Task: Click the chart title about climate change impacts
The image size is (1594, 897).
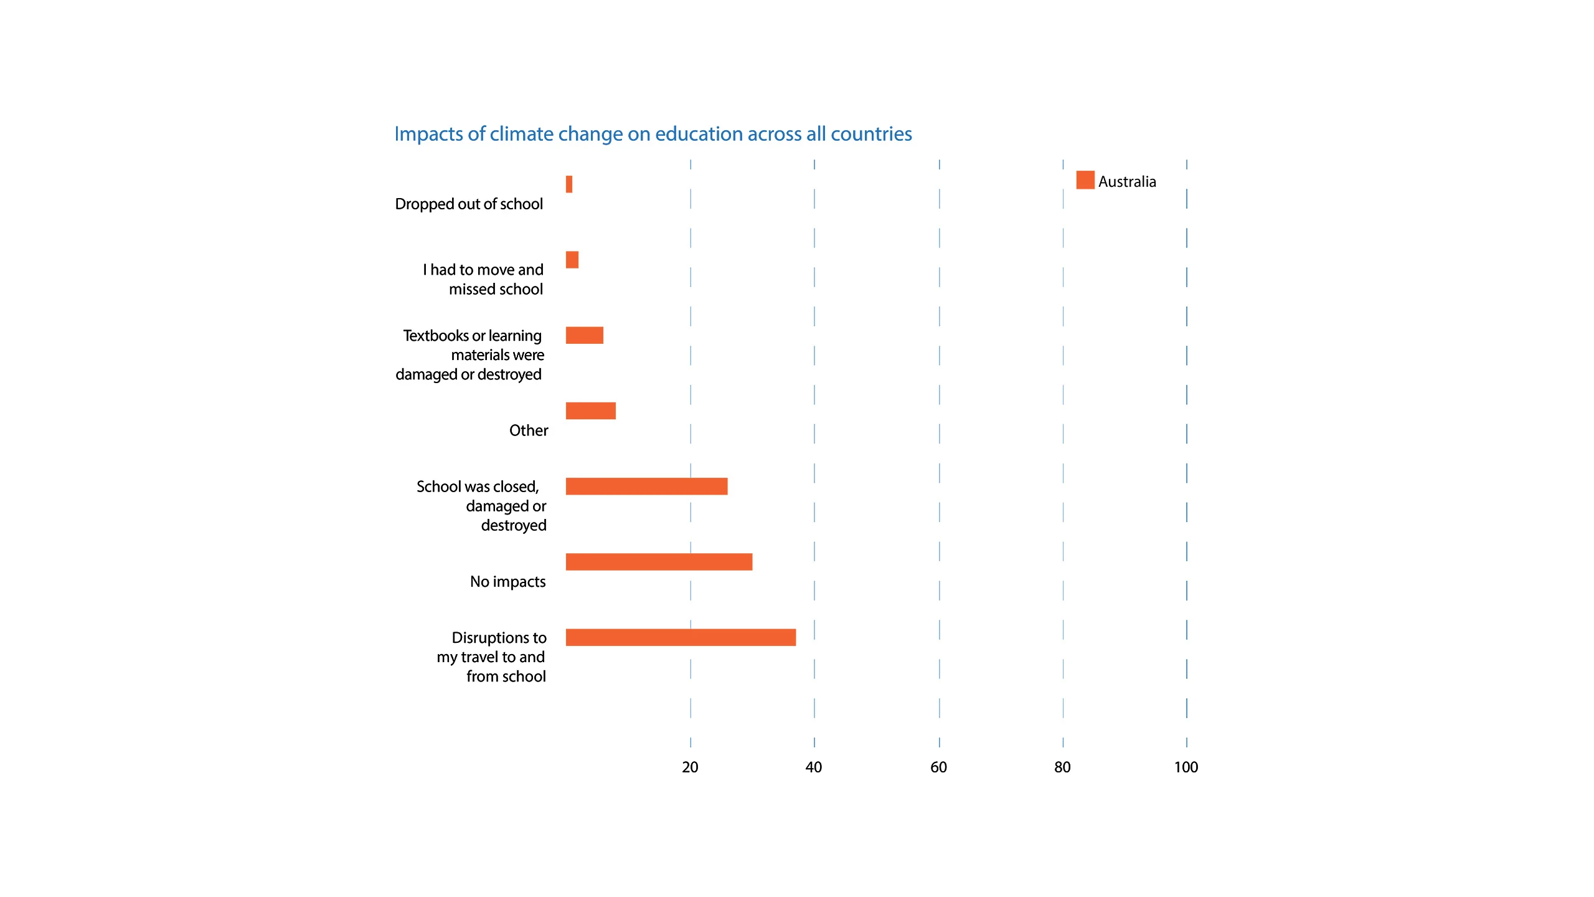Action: coord(653,134)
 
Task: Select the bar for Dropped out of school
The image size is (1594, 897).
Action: coord(569,184)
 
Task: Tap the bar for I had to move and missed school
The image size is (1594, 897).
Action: coord(572,260)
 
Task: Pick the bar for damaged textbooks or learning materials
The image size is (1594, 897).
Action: coord(585,335)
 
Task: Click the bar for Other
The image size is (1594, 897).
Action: coord(591,411)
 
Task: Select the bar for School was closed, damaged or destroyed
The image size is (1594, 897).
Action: coord(646,486)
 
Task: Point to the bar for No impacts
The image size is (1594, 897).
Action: coord(659,562)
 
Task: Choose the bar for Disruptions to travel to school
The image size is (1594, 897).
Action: coord(681,637)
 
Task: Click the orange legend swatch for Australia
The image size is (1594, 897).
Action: coord(1085,180)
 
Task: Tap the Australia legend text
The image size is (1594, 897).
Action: coord(1127,182)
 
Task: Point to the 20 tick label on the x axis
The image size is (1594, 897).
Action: coord(690,767)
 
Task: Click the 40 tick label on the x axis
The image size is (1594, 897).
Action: coord(814,767)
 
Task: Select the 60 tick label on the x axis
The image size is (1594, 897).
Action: coord(938,767)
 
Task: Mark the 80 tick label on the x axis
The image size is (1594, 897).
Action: coord(1062,767)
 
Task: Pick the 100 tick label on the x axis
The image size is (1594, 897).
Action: coord(1186,767)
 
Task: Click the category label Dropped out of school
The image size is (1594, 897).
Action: coord(469,204)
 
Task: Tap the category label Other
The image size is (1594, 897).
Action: coord(529,430)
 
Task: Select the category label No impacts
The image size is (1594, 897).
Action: coord(507,582)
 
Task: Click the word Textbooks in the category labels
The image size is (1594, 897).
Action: coord(436,336)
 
